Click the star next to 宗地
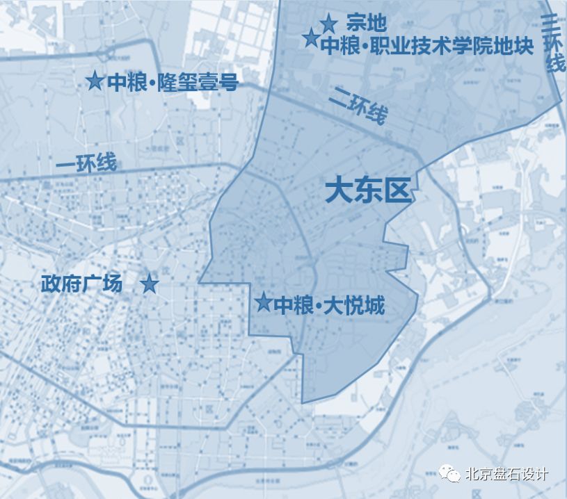(x=329, y=24)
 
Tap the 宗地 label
(x=366, y=24)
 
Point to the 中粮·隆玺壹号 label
(x=173, y=83)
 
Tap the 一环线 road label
(x=86, y=164)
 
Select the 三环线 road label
(x=554, y=44)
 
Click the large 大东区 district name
(x=369, y=190)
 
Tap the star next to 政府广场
(x=149, y=284)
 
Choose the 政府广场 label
(x=82, y=284)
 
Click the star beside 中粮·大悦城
(x=263, y=302)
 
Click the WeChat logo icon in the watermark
(x=452, y=475)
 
